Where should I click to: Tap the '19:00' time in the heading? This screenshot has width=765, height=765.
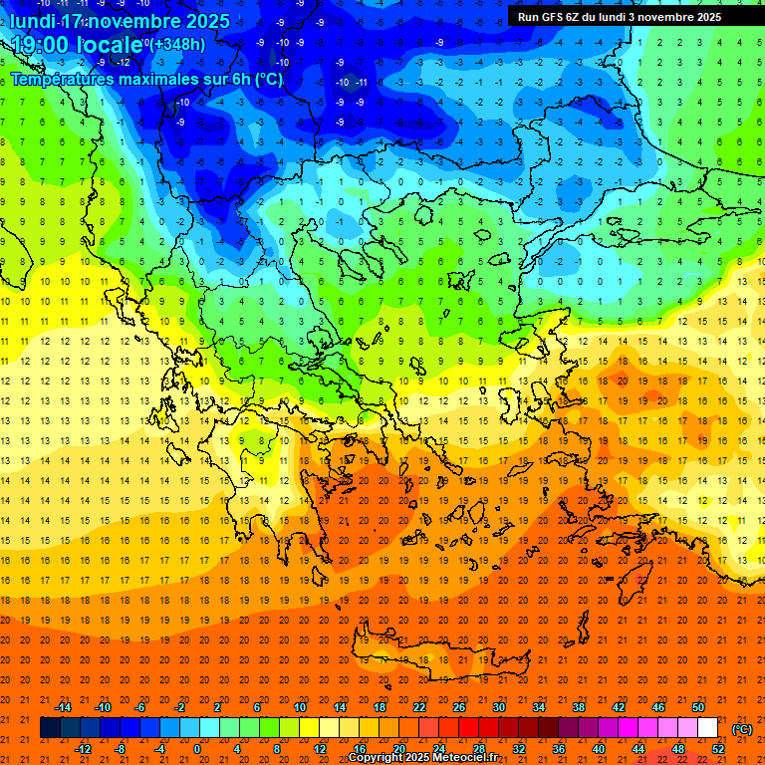coord(41,45)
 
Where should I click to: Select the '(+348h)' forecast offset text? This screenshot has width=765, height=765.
coord(179,44)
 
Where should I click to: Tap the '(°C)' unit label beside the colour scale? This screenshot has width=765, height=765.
coord(742,729)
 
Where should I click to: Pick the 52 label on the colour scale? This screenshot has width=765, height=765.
coord(718,749)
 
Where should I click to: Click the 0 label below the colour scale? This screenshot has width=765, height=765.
coord(196,749)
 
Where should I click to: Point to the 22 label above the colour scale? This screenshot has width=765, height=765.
coord(419,707)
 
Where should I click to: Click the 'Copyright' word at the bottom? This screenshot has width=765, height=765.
coord(380,758)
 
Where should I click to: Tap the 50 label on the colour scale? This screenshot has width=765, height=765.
coord(698,707)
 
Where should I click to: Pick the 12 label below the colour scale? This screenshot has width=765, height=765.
coord(319,749)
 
